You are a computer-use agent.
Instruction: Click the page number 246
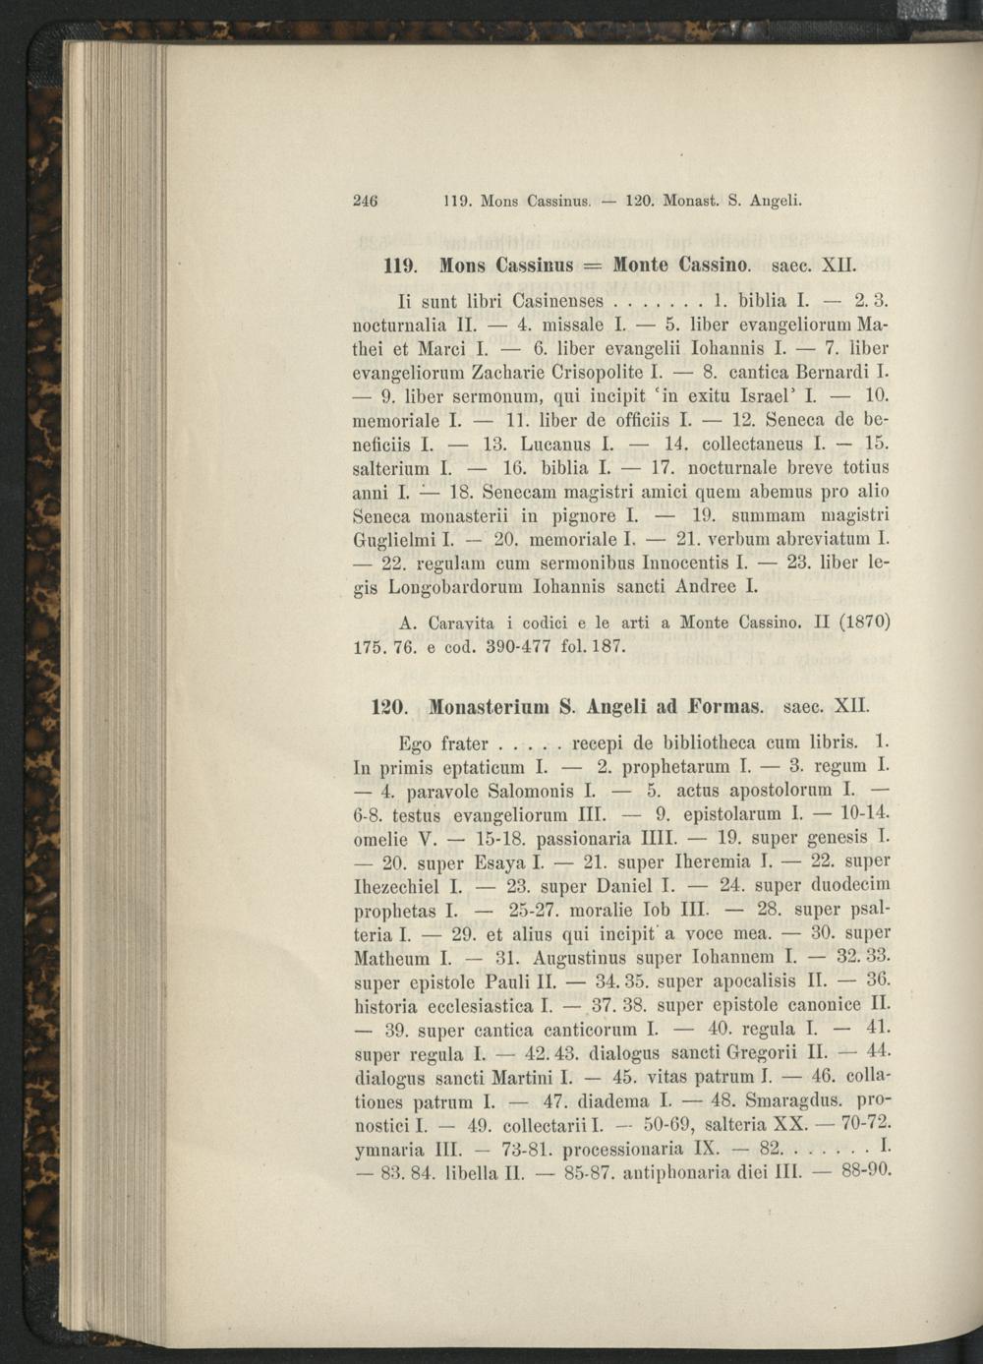tap(366, 203)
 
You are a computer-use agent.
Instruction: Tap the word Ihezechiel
tap(393, 886)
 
